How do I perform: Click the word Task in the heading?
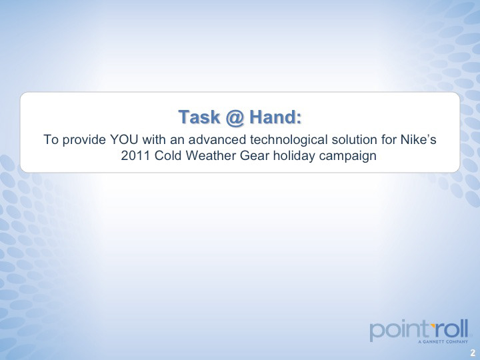click(x=199, y=117)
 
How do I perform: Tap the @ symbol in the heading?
click(x=235, y=117)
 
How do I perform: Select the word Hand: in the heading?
click(x=275, y=117)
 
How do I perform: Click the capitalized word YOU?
click(x=124, y=139)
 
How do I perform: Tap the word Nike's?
click(x=418, y=139)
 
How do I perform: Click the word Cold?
click(x=168, y=156)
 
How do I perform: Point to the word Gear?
click(x=255, y=156)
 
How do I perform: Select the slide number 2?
click(x=473, y=352)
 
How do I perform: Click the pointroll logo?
click(x=419, y=331)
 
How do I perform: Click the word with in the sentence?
click(x=154, y=139)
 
